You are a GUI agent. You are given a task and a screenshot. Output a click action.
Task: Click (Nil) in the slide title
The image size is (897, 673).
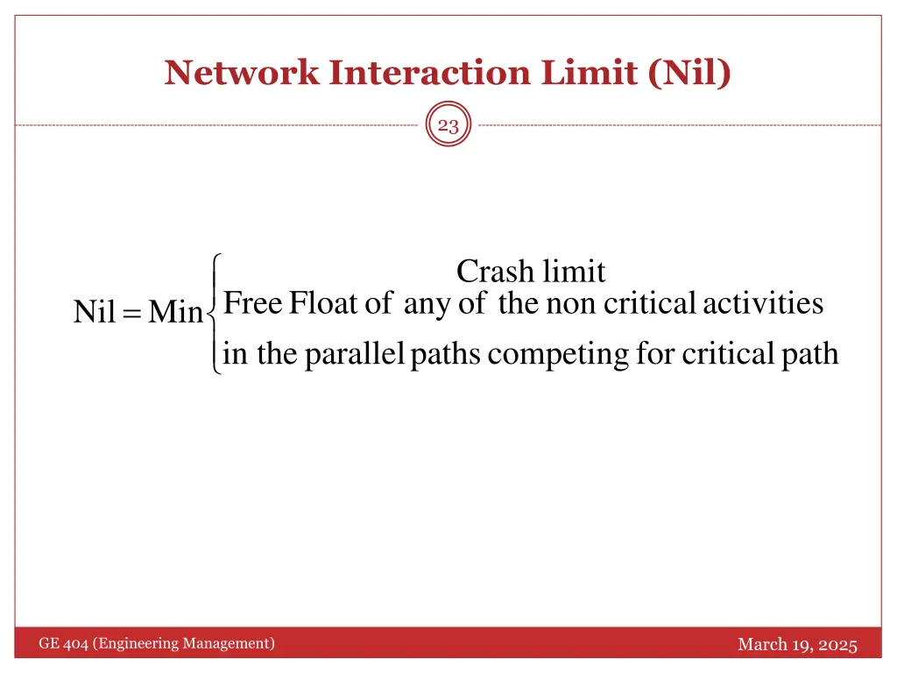tap(690, 73)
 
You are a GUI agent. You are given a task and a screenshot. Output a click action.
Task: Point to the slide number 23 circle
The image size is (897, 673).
tap(448, 126)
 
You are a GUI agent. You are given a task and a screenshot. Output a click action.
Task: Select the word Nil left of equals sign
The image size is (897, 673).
tap(95, 312)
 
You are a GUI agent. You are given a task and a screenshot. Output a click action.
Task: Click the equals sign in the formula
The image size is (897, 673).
tap(132, 313)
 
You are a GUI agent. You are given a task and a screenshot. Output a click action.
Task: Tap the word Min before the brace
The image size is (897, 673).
tap(175, 312)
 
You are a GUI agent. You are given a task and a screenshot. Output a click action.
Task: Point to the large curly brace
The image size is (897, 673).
tap(213, 313)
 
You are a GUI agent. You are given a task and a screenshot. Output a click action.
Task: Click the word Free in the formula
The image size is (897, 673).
tap(252, 304)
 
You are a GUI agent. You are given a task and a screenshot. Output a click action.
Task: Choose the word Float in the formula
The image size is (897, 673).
tap(323, 304)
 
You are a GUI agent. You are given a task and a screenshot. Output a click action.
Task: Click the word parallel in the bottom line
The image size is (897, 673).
tap(354, 354)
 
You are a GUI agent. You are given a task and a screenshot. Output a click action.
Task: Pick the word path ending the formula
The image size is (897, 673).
tap(810, 354)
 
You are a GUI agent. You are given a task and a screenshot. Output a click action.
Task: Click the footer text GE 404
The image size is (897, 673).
tap(63, 644)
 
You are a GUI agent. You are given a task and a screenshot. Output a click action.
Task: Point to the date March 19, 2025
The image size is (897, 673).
tap(797, 645)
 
